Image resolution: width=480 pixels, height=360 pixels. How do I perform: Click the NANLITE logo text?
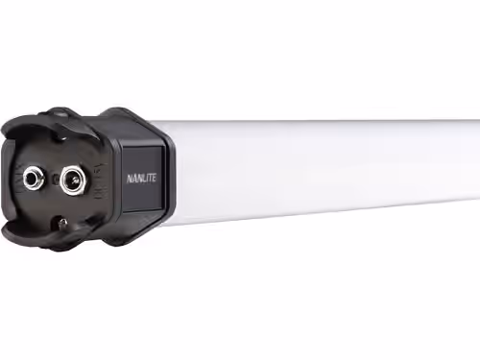click(x=141, y=179)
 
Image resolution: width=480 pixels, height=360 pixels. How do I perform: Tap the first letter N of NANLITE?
click(x=130, y=180)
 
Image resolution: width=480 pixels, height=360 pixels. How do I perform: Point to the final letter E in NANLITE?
click(x=154, y=178)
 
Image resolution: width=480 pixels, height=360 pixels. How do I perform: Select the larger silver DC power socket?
click(x=73, y=180)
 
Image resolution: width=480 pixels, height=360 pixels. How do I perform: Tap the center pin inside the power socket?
click(x=76, y=181)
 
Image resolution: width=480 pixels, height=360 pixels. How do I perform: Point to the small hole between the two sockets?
click(x=55, y=180)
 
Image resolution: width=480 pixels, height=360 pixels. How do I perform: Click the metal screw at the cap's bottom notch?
click(x=63, y=223)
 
